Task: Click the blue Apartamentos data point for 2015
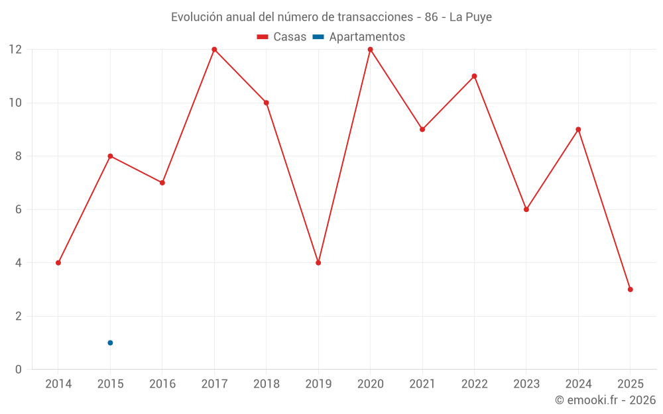click(x=110, y=342)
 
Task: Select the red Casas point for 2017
click(x=214, y=50)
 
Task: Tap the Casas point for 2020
click(x=370, y=50)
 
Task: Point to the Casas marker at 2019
click(x=318, y=263)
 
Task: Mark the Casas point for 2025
click(x=630, y=289)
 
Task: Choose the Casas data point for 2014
click(x=58, y=263)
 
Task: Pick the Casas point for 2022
click(x=474, y=76)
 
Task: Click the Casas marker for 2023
click(x=526, y=209)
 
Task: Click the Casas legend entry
click(x=282, y=37)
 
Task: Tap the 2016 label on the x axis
click(x=162, y=384)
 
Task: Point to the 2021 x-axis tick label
click(x=422, y=384)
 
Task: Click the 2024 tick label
click(x=578, y=384)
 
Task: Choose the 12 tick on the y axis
click(x=15, y=50)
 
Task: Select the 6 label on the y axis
click(x=19, y=209)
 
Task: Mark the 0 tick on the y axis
click(x=19, y=369)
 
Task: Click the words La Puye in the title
click(x=471, y=17)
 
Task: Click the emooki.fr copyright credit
click(x=605, y=400)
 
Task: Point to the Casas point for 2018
click(x=266, y=103)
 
